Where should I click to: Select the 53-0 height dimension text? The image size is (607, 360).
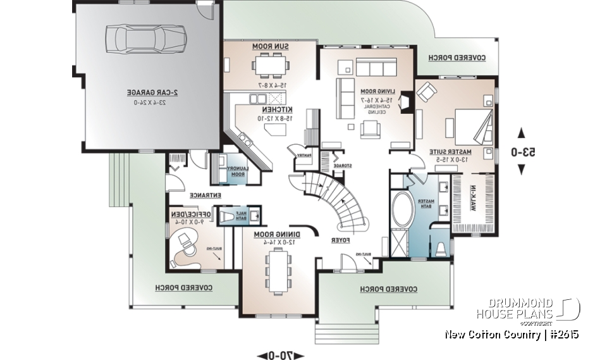tap(522, 152)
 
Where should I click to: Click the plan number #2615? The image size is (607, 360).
tap(562, 334)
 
